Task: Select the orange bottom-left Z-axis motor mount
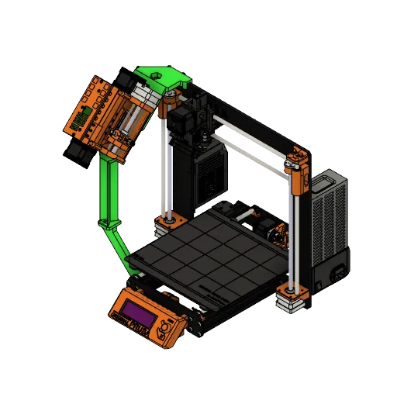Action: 165,224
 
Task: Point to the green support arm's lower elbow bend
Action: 108,224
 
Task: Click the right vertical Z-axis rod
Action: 293,233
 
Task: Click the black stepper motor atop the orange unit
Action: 124,77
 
